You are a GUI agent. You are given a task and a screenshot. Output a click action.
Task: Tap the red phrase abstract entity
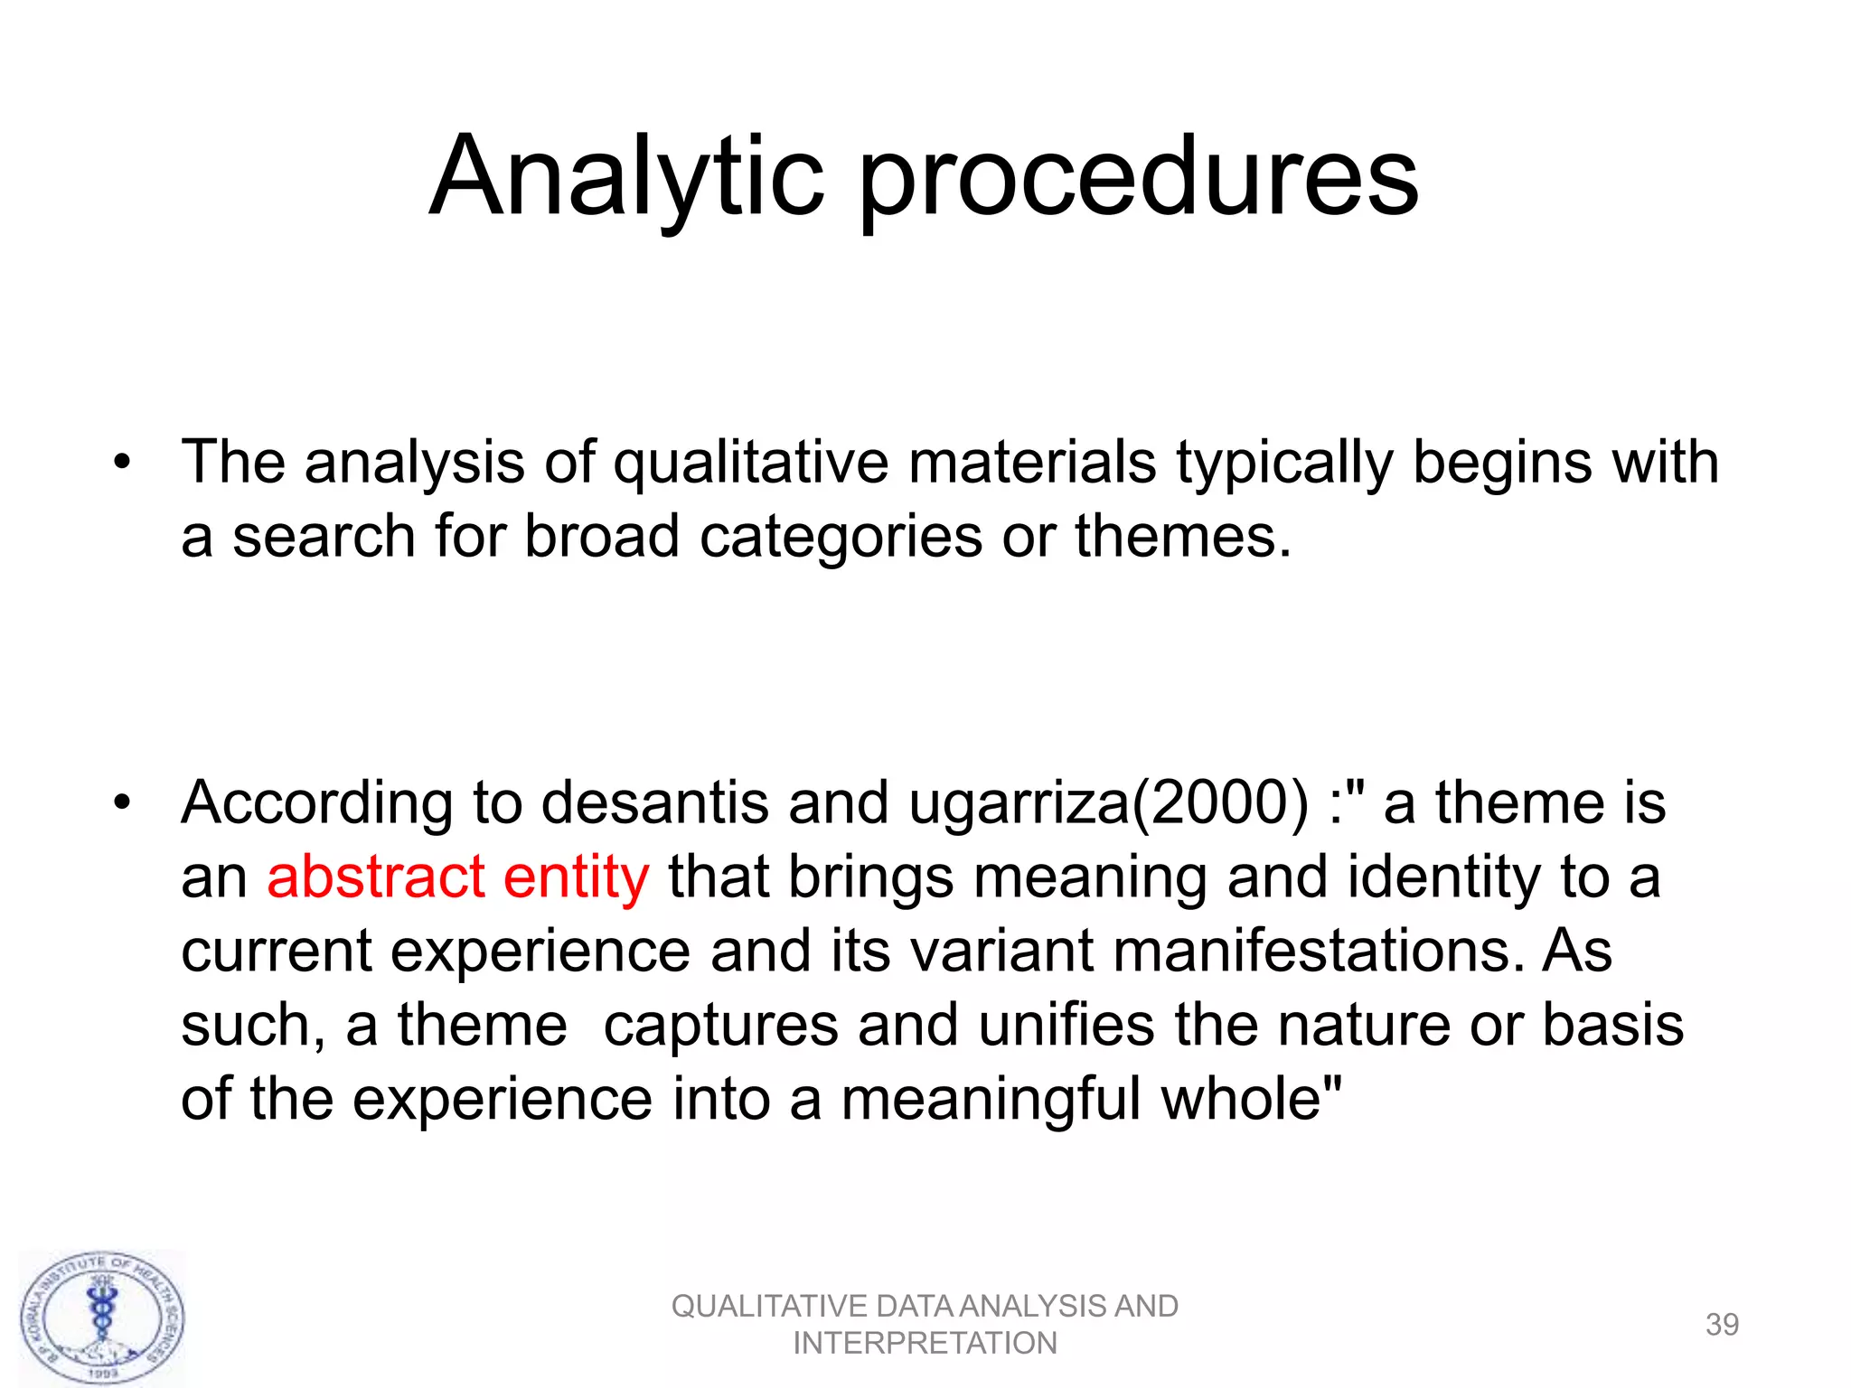tap(457, 877)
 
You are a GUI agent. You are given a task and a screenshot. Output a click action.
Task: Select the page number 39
tap(1722, 1325)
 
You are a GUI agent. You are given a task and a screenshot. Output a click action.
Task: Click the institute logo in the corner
tap(102, 1318)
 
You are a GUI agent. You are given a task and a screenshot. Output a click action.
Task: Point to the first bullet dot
tap(122, 464)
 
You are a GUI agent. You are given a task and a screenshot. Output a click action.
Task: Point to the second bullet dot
tap(122, 802)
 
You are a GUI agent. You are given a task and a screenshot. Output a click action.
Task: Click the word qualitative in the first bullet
tap(750, 464)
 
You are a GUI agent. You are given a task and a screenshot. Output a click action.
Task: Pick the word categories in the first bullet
tap(840, 537)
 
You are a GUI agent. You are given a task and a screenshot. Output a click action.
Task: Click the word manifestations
tap(1318, 952)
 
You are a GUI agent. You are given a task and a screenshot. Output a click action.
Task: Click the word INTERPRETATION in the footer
tap(925, 1344)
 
